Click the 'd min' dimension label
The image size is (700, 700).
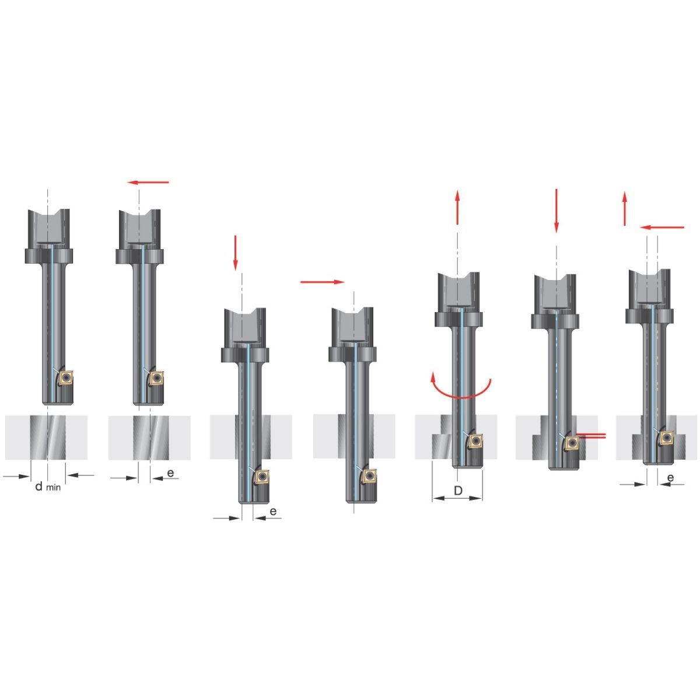tap(48, 487)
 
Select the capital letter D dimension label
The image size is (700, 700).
tap(458, 491)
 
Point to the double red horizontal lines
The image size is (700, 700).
tap(591, 436)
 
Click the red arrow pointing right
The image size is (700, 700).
tap(322, 282)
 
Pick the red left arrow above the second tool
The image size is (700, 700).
tap(148, 182)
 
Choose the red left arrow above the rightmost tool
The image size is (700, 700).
tap(662, 228)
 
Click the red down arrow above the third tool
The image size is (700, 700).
tap(236, 253)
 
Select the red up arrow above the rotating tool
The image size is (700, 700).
tap(457, 206)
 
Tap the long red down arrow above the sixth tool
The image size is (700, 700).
tap(556, 211)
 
